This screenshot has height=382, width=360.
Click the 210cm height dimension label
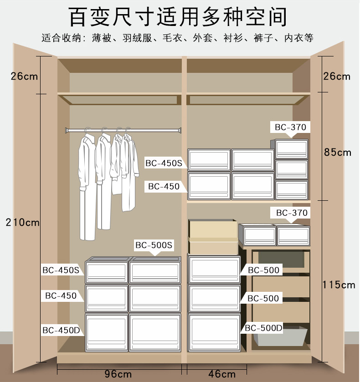pos(22,223)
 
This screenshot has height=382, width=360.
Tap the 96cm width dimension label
pos(119,374)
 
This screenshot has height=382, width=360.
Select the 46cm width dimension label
pos(222,374)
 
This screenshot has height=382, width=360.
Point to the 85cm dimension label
pos(337,152)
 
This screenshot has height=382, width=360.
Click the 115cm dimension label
pos(339,285)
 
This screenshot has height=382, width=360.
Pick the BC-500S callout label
pos(154,245)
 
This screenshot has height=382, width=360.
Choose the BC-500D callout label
pos(264,327)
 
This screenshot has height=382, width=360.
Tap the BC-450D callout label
pos(61,330)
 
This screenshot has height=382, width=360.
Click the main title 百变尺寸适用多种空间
pos(178,17)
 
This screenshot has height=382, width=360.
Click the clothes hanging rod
pos(123,130)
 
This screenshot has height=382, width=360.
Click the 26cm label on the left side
pos(24,76)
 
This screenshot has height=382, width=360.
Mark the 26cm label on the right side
pos(337,76)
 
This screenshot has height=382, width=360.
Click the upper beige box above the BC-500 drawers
pos(213,229)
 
